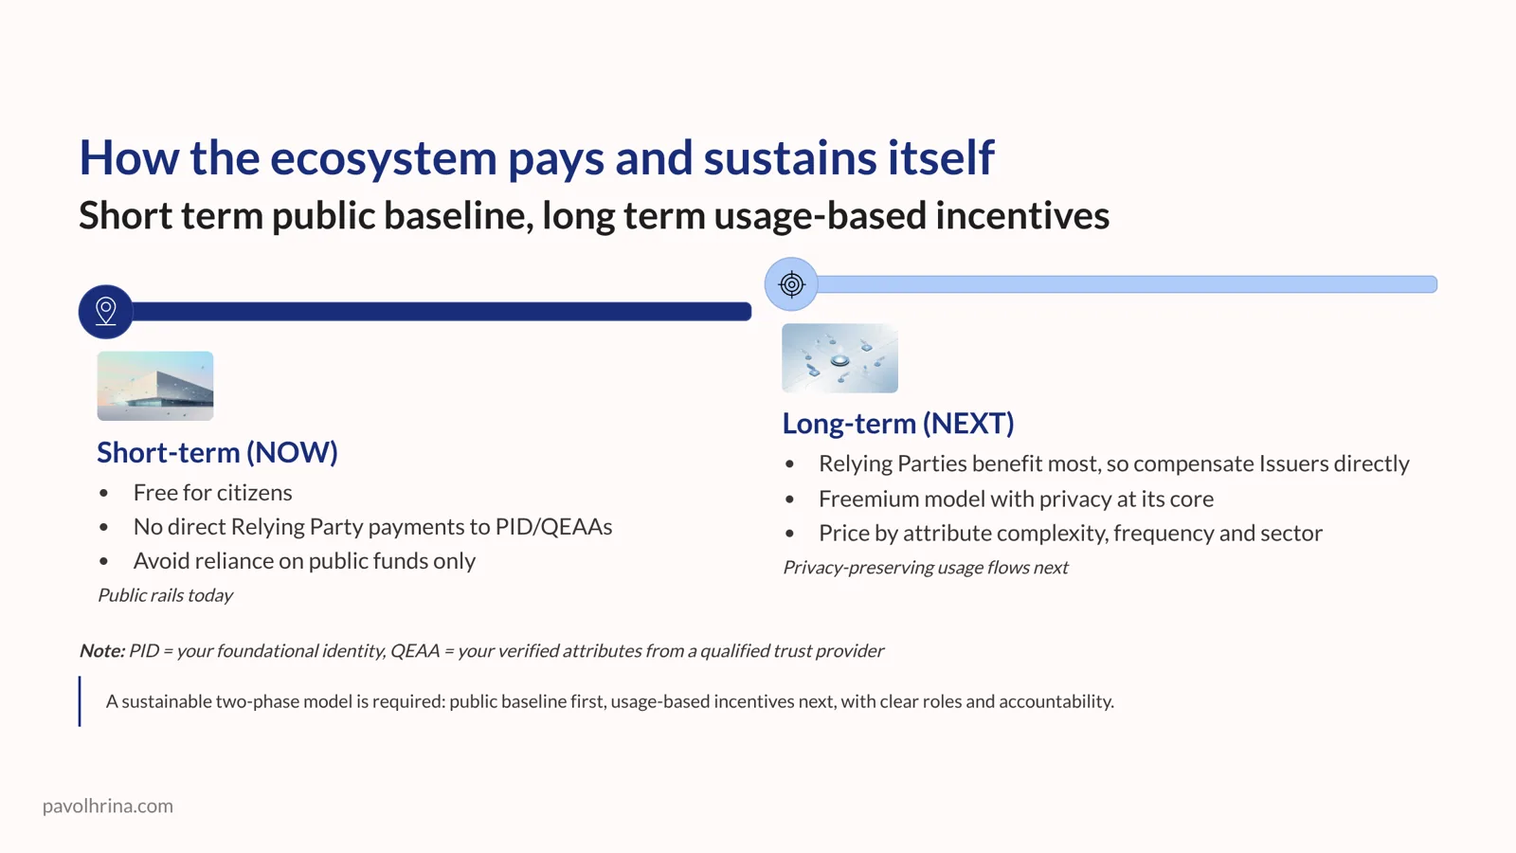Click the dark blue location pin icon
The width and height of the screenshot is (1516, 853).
point(106,311)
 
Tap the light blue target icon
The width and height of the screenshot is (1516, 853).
point(791,283)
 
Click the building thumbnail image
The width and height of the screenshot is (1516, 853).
point(155,386)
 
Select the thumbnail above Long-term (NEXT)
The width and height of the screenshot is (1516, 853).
point(839,358)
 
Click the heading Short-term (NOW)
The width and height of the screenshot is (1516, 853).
point(217,452)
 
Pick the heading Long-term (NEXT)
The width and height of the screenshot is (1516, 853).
point(897,423)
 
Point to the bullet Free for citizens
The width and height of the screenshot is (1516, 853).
point(212,493)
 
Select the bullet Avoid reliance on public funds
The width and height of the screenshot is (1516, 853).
point(304,561)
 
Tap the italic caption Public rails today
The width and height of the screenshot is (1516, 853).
point(165,595)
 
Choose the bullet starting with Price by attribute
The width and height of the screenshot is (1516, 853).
point(1070,534)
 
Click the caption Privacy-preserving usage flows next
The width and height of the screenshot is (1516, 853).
point(925,568)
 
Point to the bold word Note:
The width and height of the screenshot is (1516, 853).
point(101,651)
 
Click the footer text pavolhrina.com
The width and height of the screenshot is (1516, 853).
point(107,806)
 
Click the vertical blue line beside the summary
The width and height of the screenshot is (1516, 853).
point(80,701)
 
